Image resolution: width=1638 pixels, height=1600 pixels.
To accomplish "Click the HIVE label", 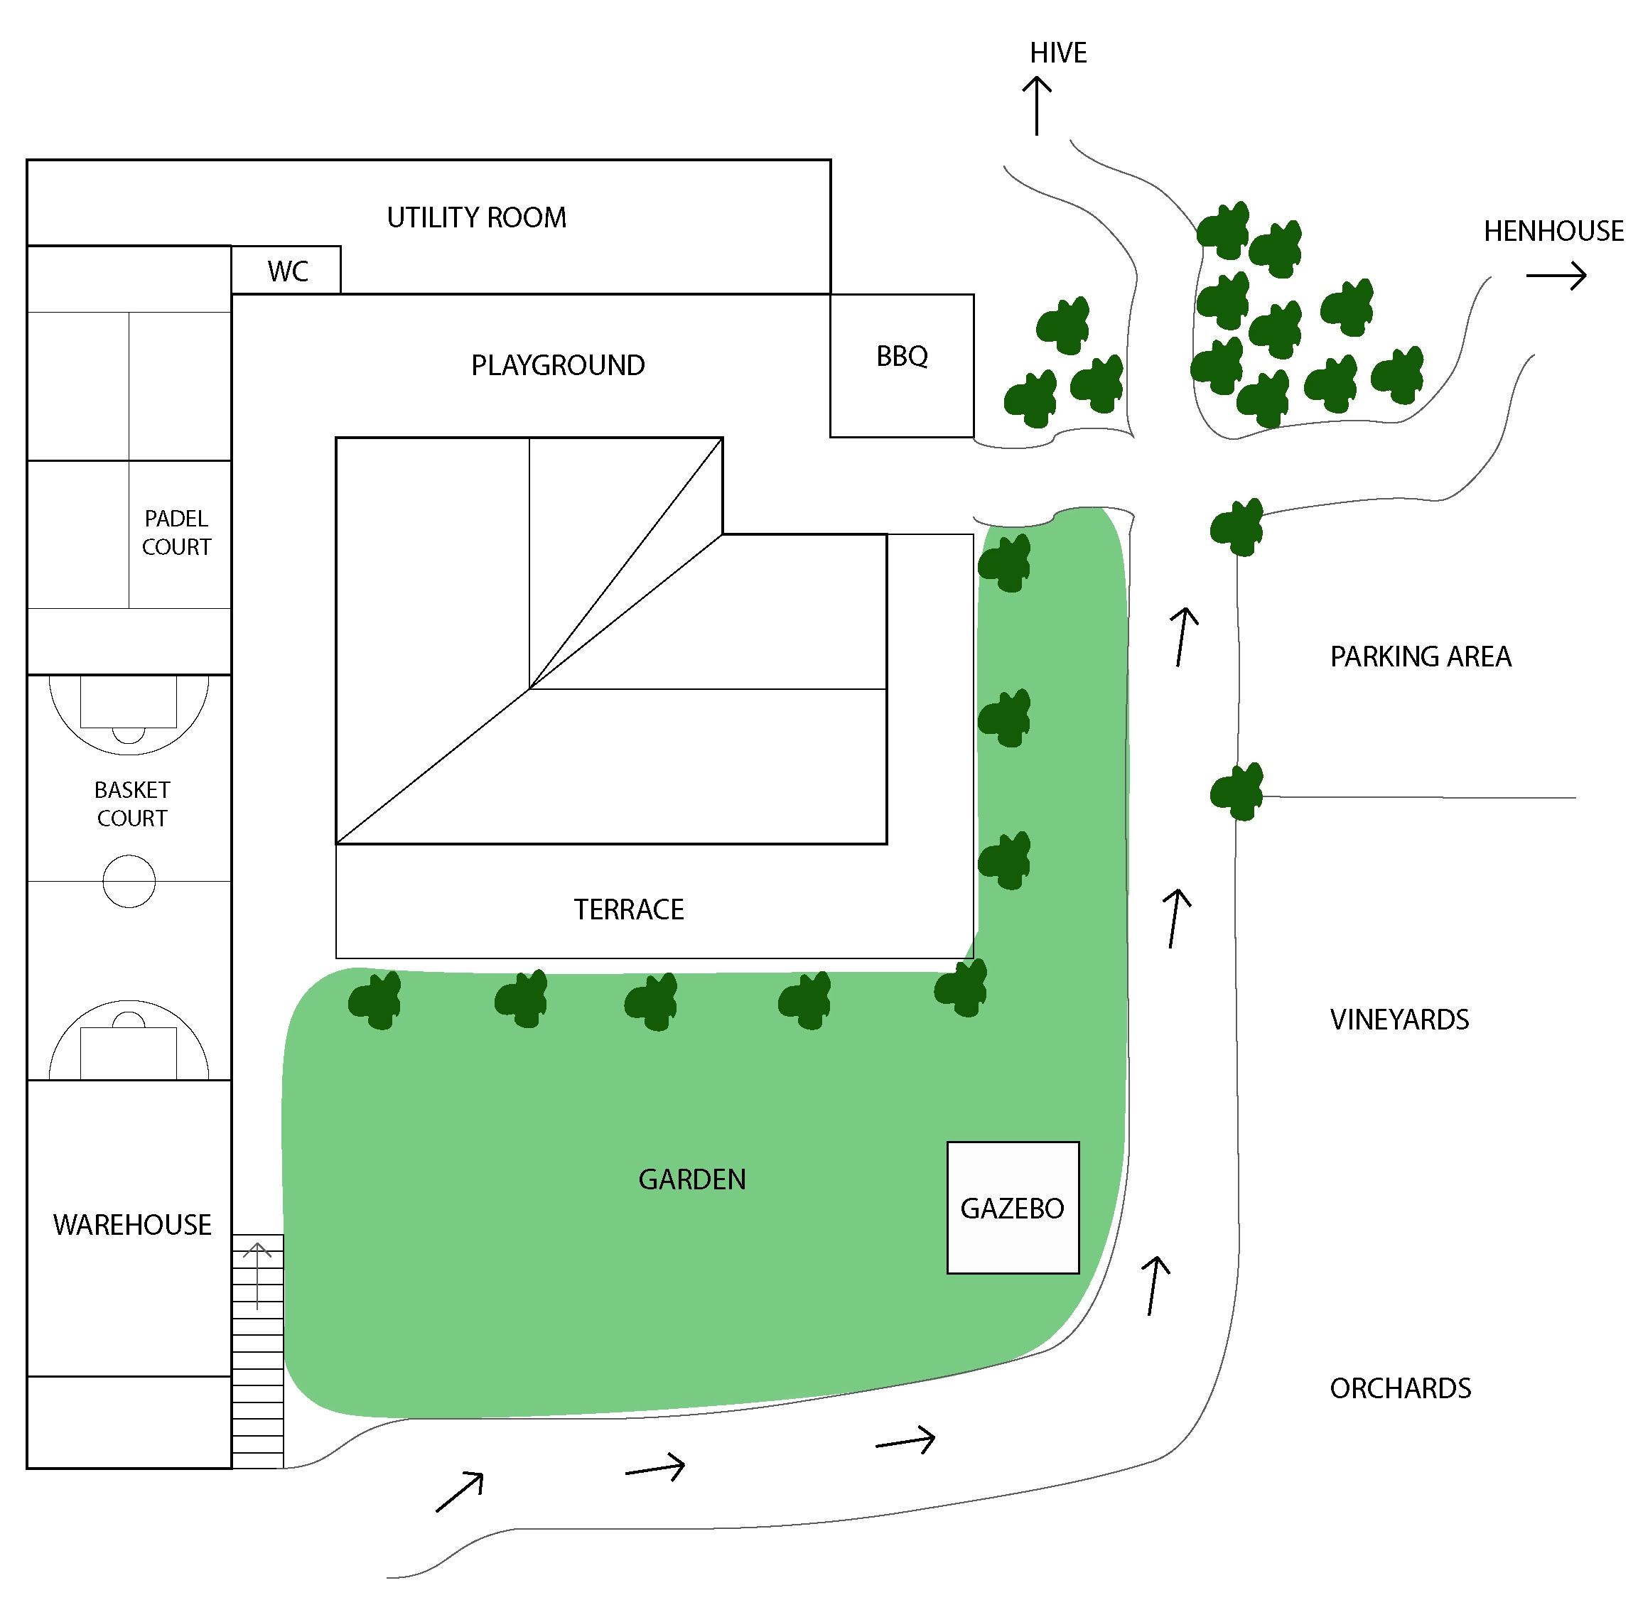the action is pyautogui.click(x=1057, y=53).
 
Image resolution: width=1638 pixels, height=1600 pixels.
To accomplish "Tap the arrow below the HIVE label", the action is pyautogui.click(x=1036, y=106).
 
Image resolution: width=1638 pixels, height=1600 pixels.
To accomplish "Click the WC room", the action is pyautogui.click(x=286, y=270).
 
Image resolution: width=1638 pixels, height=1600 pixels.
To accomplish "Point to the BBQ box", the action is pyautogui.click(x=902, y=366).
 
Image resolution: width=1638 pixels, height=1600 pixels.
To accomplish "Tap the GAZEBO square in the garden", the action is pyautogui.click(x=1013, y=1208).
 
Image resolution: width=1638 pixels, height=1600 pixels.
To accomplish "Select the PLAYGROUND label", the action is pyautogui.click(x=557, y=366).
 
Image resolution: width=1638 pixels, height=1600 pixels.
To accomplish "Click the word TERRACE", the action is pyautogui.click(x=629, y=909).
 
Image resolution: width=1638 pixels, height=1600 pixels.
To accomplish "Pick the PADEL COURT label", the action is pyautogui.click(x=176, y=533).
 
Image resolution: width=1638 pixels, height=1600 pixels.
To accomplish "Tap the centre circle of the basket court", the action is pyautogui.click(x=129, y=882).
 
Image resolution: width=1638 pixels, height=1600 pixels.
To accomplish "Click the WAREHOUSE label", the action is pyautogui.click(x=132, y=1225).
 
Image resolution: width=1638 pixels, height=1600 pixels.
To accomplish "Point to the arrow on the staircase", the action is pyautogui.click(x=257, y=1275).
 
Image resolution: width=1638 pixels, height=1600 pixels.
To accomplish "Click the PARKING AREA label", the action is pyautogui.click(x=1421, y=656).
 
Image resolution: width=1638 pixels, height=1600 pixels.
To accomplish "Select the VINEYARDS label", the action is pyautogui.click(x=1399, y=1020).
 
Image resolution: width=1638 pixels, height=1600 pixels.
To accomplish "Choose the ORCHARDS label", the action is pyautogui.click(x=1400, y=1388).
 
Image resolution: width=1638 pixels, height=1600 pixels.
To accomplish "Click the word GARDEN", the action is pyautogui.click(x=691, y=1179).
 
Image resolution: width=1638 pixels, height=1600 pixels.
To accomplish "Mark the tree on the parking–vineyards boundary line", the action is pyautogui.click(x=1237, y=791).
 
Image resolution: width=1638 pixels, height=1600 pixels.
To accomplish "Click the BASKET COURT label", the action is pyautogui.click(x=132, y=804).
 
